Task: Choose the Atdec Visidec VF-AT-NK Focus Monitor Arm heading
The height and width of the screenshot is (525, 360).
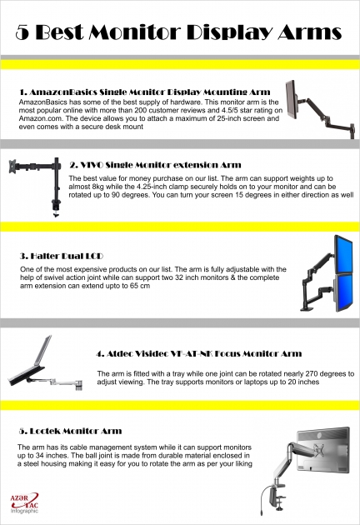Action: (199, 353)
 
